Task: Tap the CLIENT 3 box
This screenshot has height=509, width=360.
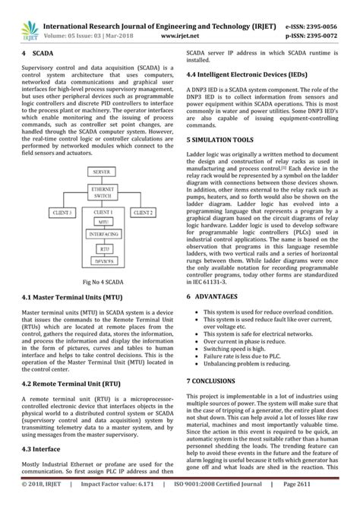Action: point(64,212)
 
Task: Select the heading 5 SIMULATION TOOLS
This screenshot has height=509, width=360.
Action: point(224,140)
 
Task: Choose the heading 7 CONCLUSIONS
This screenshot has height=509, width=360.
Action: point(218,379)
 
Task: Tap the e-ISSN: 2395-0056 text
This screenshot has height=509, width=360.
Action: point(319,24)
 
